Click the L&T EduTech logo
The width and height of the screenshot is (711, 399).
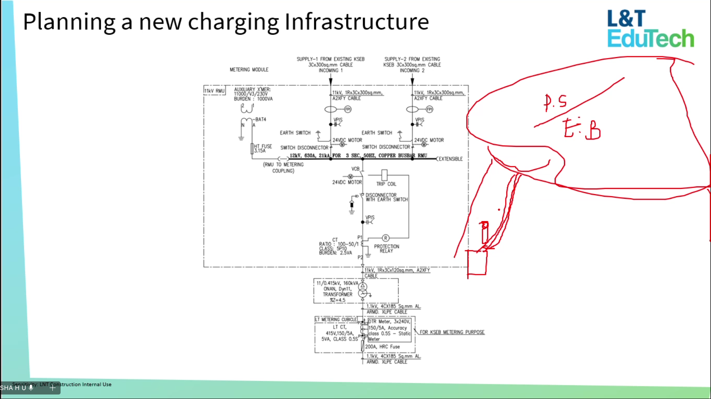pyautogui.click(x=650, y=29)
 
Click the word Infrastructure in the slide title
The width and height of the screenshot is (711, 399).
pyautogui.click(x=357, y=22)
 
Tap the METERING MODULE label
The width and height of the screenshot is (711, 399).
pyautogui.click(x=249, y=70)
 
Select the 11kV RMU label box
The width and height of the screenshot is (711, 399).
pyautogui.click(x=214, y=91)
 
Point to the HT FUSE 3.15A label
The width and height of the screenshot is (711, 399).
pyautogui.click(x=263, y=148)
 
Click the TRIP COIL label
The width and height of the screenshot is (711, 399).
pyautogui.click(x=386, y=184)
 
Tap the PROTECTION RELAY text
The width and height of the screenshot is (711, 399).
pyautogui.click(x=386, y=249)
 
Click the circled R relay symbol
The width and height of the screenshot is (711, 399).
pyautogui.click(x=386, y=238)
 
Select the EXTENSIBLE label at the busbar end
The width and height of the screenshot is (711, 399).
pyautogui.click(x=450, y=159)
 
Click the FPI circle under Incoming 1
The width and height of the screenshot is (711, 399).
pyautogui.click(x=348, y=109)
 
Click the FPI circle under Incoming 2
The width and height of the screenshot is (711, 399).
pyautogui.click(x=429, y=109)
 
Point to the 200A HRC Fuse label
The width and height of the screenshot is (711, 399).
pyautogui.click(x=382, y=347)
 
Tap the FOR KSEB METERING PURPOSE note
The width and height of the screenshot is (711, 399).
pyautogui.click(x=452, y=332)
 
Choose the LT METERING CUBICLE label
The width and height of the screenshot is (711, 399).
pyautogui.click(x=336, y=320)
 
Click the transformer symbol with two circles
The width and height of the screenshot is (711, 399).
pyautogui.click(x=363, y=290)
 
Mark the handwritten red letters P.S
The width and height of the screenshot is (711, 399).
pyautogui.click(x=555, y=102)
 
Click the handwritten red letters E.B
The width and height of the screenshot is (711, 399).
pyautogui.click(x=582, y=129)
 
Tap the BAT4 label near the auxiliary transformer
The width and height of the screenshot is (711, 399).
pyautogui.click(x=260, y=119)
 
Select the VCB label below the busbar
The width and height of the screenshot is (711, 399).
pyautogui.click(x=355, y=169)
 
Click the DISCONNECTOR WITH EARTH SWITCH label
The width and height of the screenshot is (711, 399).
pyautogui.click(x=386, y=197)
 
